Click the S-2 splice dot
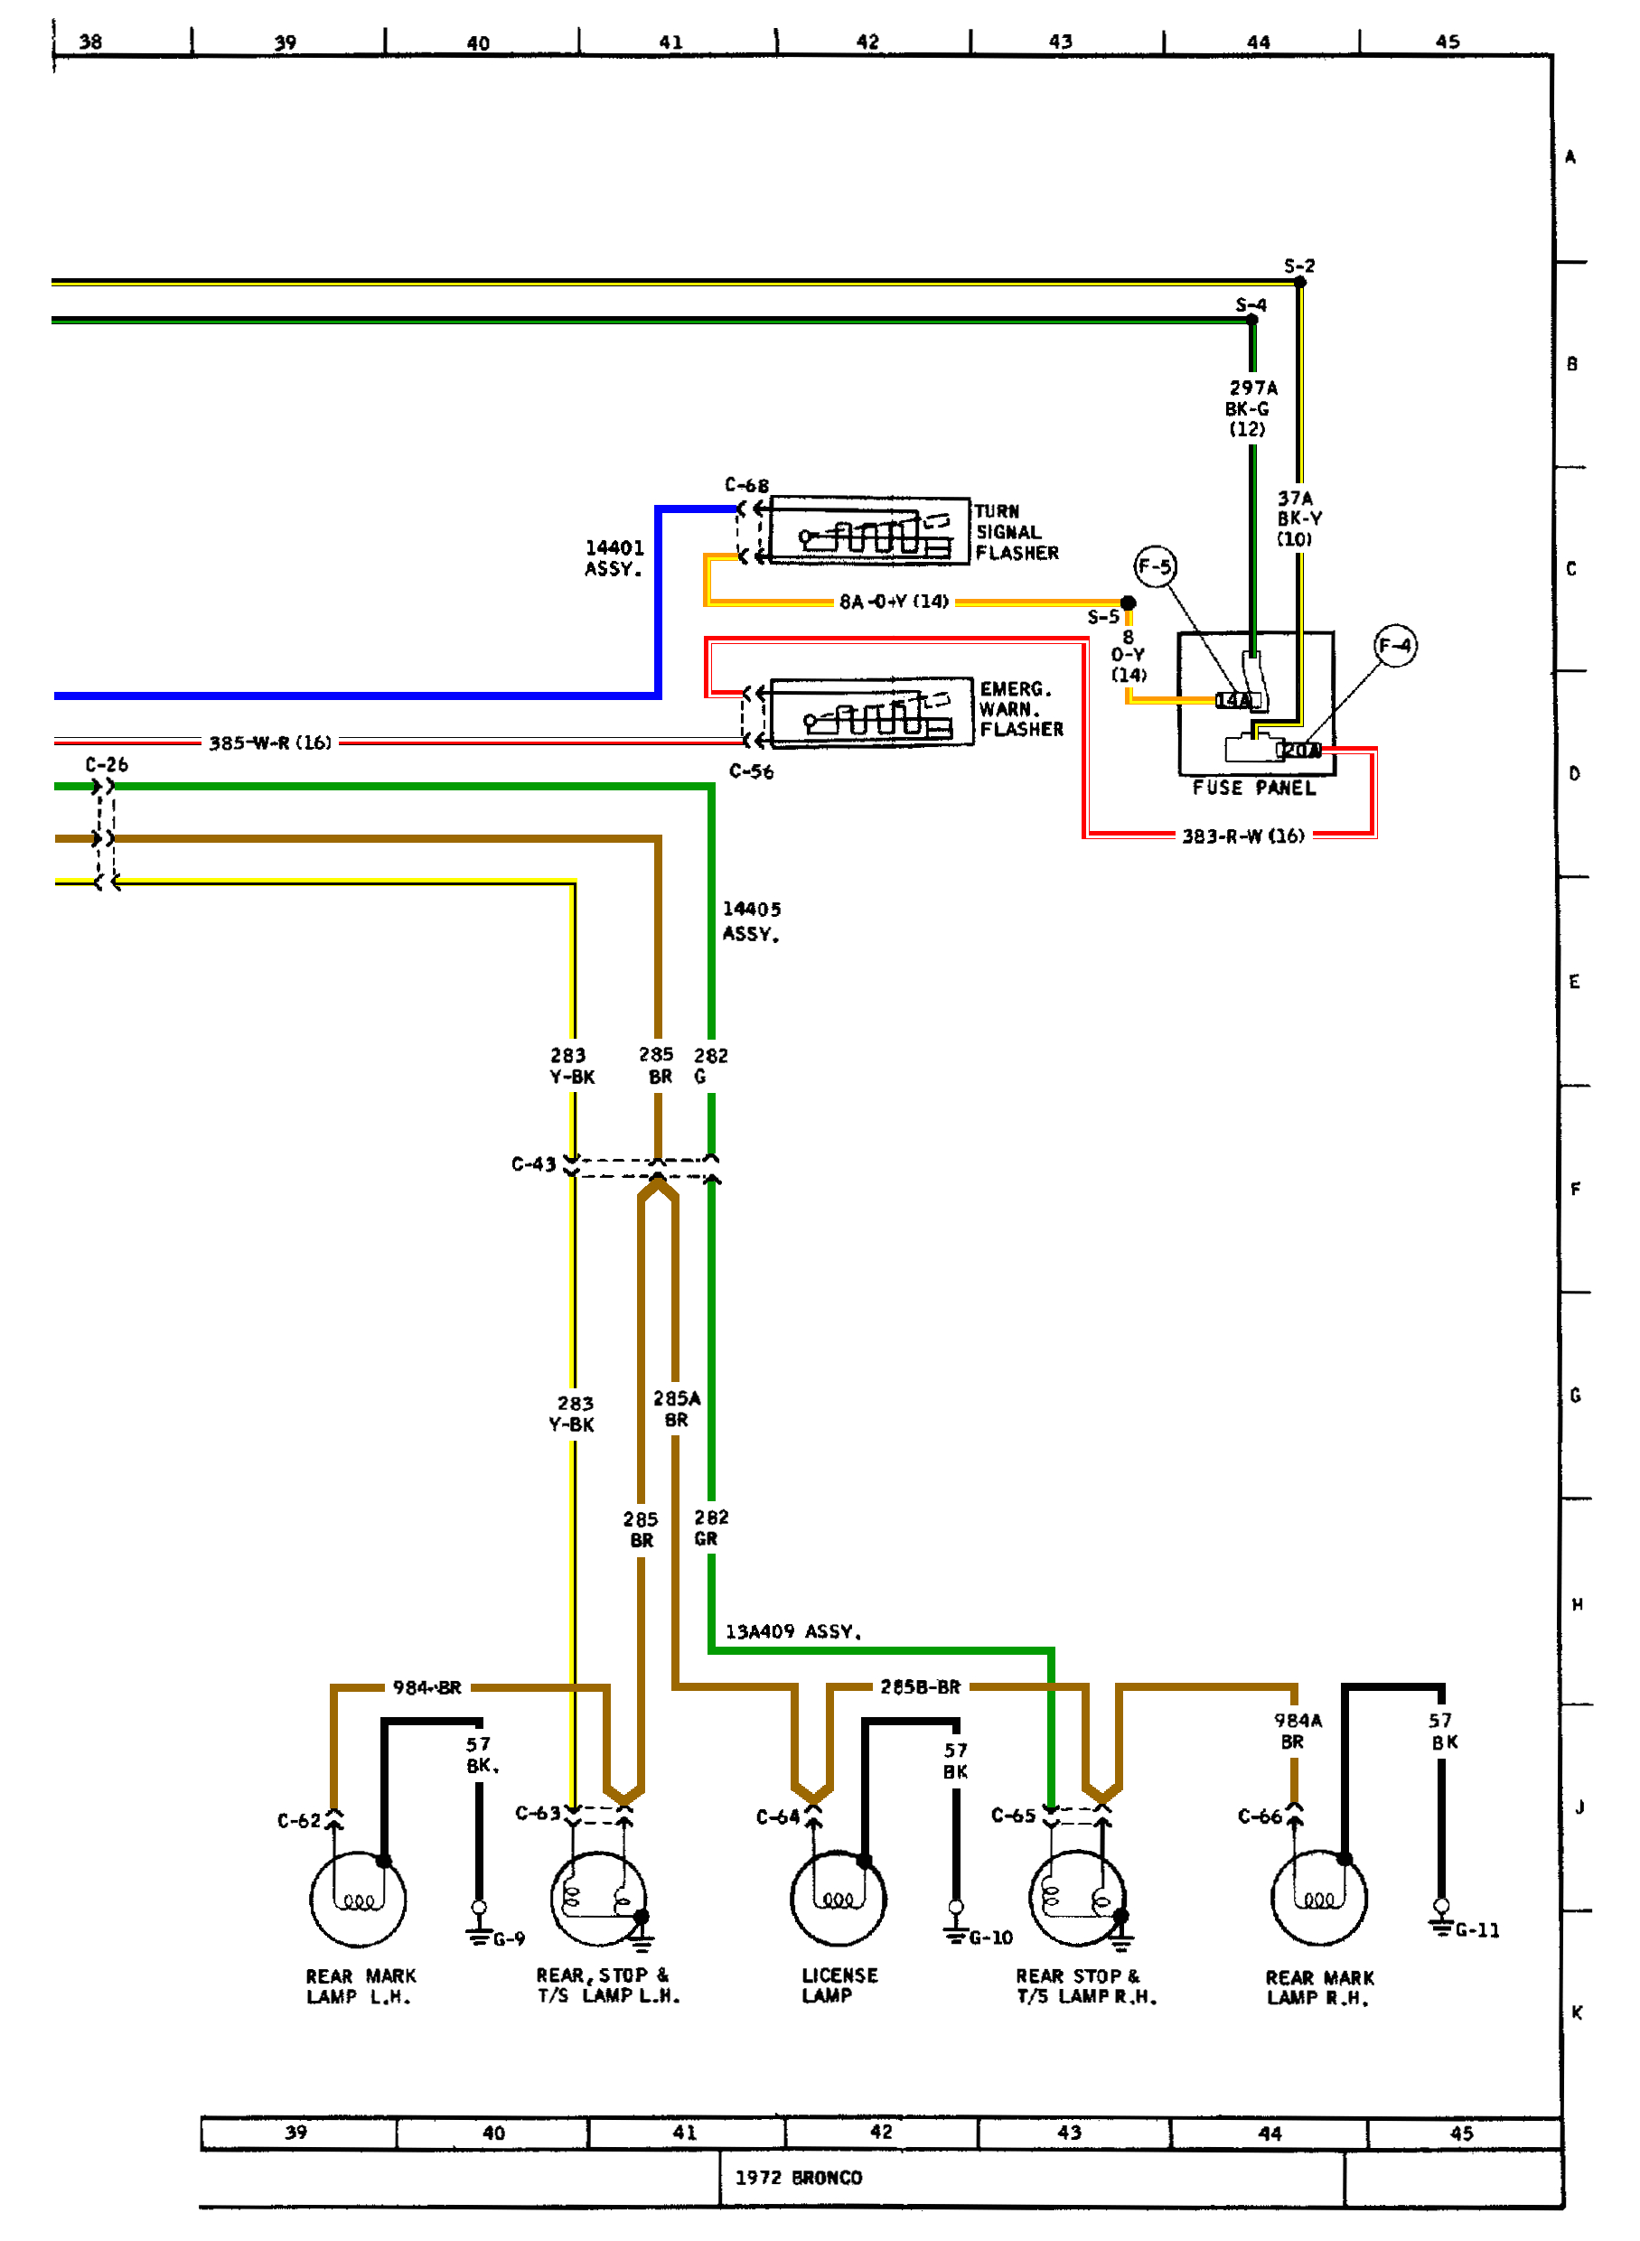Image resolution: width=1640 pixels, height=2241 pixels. click(x=1299, y=282)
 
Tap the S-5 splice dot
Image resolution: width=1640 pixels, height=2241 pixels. click(x=1128, y=602)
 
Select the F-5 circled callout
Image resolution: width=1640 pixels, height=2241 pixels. click(x=1155, y=566)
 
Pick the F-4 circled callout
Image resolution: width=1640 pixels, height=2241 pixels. click(x=1395, y=645)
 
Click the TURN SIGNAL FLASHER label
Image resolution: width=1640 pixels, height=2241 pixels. click(x=1016, y=532)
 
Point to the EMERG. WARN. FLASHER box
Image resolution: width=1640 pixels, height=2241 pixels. click(x=871, y=712)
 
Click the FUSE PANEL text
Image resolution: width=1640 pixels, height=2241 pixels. click(x=1253, y=787)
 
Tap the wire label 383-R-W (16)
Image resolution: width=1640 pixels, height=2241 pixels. click(x=1243, y=836)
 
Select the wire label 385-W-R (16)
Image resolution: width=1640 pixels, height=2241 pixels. click(x=270, y=742)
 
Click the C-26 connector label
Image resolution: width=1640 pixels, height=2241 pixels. click(x=107, y=764)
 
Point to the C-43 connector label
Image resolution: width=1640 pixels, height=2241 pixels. click(x=533, y=1163)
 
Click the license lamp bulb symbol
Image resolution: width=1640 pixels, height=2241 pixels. click(x=838, y=1897)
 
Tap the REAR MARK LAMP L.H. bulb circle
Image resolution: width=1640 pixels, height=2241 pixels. click(x=358, y=1899)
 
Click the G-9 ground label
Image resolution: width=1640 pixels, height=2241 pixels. click(x=509, y=1938)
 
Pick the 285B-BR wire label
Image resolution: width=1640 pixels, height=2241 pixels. click(x=919, y=1686)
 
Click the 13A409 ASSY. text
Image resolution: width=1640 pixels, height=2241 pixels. click(x=793, y=1631)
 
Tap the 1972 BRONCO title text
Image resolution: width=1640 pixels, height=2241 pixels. click(x=798, y=2177)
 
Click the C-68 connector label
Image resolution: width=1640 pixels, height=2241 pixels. click(x=746, y=485)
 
